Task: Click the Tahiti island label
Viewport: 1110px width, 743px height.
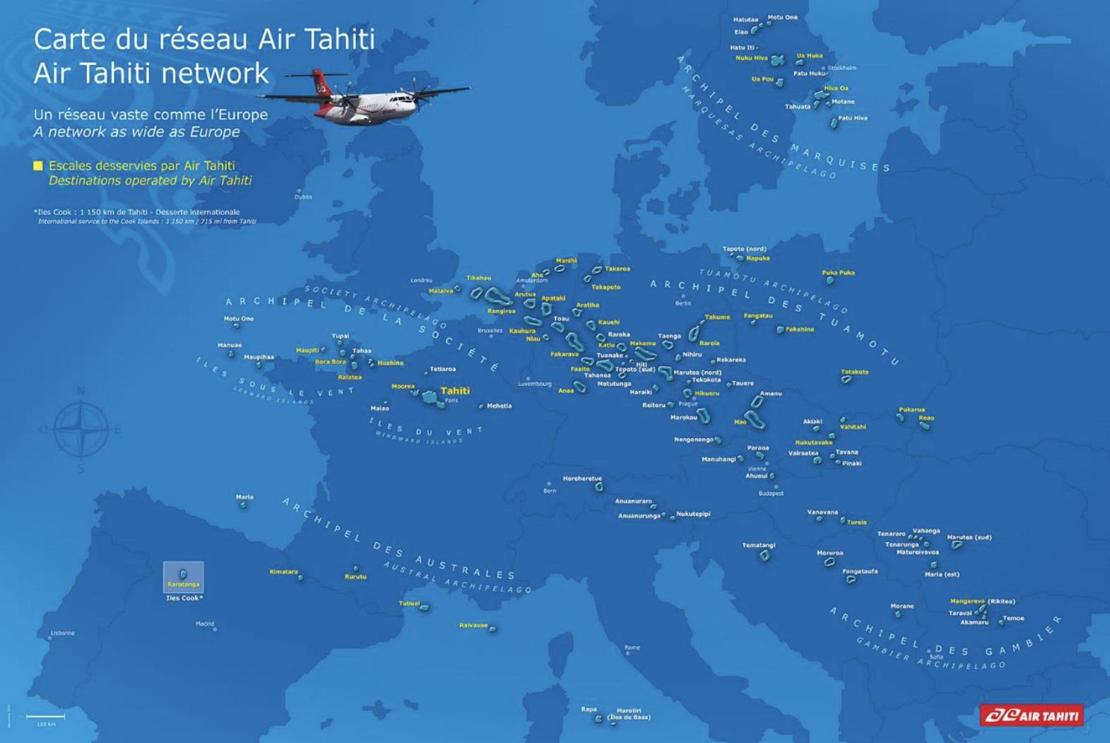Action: pos(455,390)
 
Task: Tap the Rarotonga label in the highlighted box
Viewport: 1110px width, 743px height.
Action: pos(183,585)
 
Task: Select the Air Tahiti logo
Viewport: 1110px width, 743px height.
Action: pos(1031,715)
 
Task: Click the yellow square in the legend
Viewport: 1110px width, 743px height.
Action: pos(38,165)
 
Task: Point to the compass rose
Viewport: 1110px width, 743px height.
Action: pos(81,428)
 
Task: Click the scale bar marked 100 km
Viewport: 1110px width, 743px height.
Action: pos(46,717)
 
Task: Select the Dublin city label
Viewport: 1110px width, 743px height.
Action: pos(303,197)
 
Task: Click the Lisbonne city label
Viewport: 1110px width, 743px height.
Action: pos(63,633)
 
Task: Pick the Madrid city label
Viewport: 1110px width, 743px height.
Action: pos(205,624)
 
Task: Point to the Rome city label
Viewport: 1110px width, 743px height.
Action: pos(632,647)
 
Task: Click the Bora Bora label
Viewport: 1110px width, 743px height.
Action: pos(330,362)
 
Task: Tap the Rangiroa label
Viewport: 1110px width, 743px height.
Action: pos(501,311)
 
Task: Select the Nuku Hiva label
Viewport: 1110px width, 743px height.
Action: pos(751,58)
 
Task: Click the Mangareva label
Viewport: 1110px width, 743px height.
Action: pos(967,601)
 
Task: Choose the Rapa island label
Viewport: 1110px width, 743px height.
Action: pos(589,709)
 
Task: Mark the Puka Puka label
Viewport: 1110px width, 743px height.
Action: pos(838,272)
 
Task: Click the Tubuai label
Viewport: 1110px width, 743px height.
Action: pos(409,603)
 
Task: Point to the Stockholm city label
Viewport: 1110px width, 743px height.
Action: pos(842,68)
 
